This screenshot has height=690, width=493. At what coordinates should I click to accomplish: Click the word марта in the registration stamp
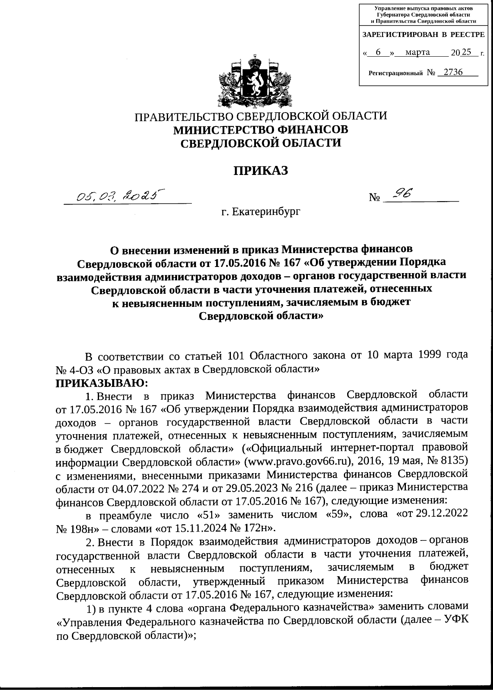click(x=417, y=52)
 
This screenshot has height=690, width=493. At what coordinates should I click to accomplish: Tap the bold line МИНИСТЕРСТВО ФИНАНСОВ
click(x=261, y=129)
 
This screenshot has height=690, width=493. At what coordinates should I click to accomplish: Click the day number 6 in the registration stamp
click(x=378, y=52)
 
